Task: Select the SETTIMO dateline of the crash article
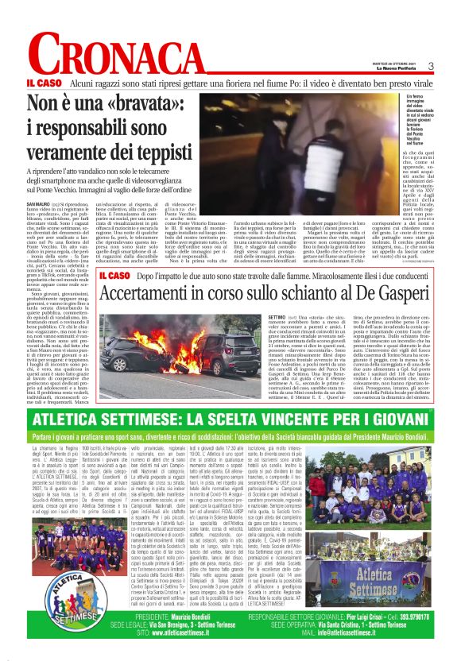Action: (x=258, y=316)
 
